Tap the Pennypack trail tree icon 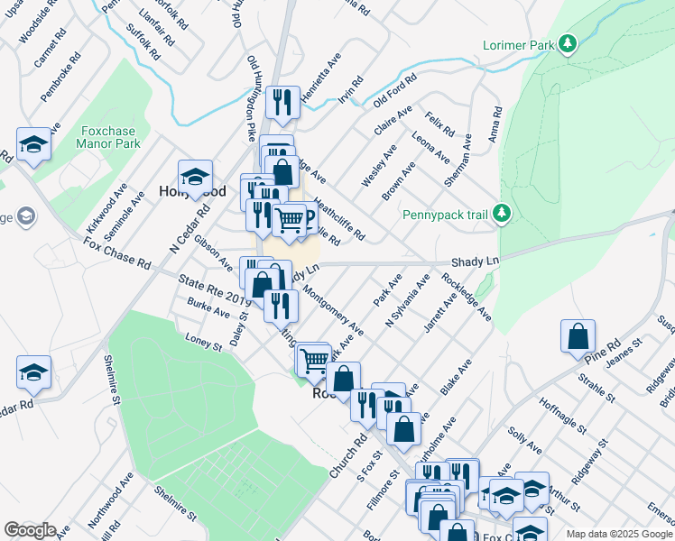pos(504,214)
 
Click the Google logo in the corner pos(29,530)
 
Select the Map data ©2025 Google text pos(619,534)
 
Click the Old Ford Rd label pos(394,90)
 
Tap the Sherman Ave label pos(458,160)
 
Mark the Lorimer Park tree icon pos(568,43)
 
